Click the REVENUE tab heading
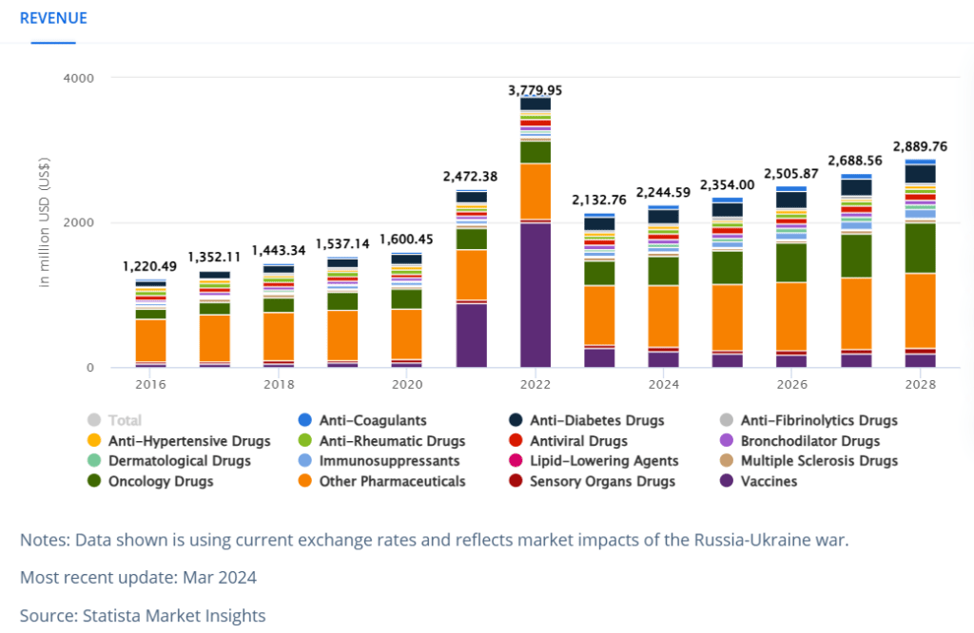pyautogui.click(x=53, y=19)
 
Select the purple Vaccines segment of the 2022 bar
pyautogui.click(x=536, y=295)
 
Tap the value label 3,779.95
pyautogui.click(x=535, y=90)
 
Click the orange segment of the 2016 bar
pyautogui.click(x=151, y=340)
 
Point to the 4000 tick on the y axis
pyautogui.click(x=79, y=78)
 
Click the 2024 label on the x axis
pyautogui.click(x=663, y=384)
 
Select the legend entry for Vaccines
pyautogui.click(x=758, y=481)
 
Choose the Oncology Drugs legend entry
pyautogui.click(x=150, y=481)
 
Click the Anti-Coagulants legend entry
pyautogui.click(x=362, y=420)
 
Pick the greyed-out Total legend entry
pyautogui.click(x=115, y=420)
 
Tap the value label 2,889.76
pyautogui.click(x=920, y=146)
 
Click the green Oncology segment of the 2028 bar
pyautogui.click(x=920, y=248)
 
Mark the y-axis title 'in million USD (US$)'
pyautogui.click(x=44, y=222)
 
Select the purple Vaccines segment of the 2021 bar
pyautogui.click(x=472, y=336)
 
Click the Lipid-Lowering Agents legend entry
pyautogui.click(x=594, y=460)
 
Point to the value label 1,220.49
pyautogui.click(x=149, y=266)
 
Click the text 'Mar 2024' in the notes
pyautogui.click(x=220, y=577)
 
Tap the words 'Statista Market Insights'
pyautogui.click(x=174, y=616)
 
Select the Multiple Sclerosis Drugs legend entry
pyautogui.click(x=809, y=460)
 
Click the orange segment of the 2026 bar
pyautogui.click(x=791, y=316)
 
